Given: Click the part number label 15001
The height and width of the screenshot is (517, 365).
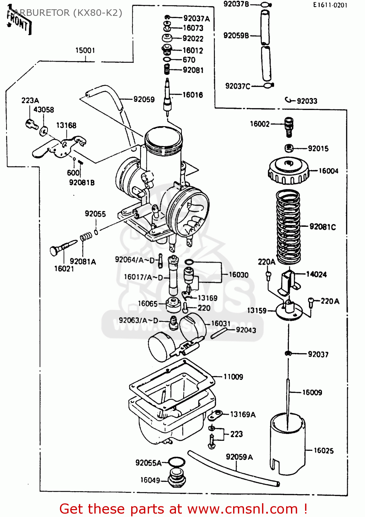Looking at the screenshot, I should (x=85, y=50).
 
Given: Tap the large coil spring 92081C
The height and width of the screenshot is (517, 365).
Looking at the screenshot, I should (x=288, y=227).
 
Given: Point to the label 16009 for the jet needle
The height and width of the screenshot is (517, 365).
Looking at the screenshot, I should (x=312, y=392).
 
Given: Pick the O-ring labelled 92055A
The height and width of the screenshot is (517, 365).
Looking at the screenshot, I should (x=177, y=462).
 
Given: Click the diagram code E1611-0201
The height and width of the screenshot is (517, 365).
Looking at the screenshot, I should (x=330, y=5).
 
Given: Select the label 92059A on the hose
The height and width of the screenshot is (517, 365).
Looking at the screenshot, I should (x=239, y=457).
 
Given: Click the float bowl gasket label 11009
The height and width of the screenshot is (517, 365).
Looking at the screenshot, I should (x=233, y=377).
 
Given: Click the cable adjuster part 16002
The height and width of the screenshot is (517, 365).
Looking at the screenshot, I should (x=289, y=126).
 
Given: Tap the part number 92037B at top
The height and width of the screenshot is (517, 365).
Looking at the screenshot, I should (x=236, y=4).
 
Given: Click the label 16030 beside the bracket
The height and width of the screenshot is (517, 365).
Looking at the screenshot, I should (x=239, y=275).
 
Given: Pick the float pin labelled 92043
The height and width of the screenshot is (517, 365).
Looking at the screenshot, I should (x=218, y=333).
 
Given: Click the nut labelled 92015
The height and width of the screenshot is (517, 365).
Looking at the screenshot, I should (x=289, y=148).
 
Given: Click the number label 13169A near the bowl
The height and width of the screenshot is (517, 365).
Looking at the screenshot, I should (x=243, y=414).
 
